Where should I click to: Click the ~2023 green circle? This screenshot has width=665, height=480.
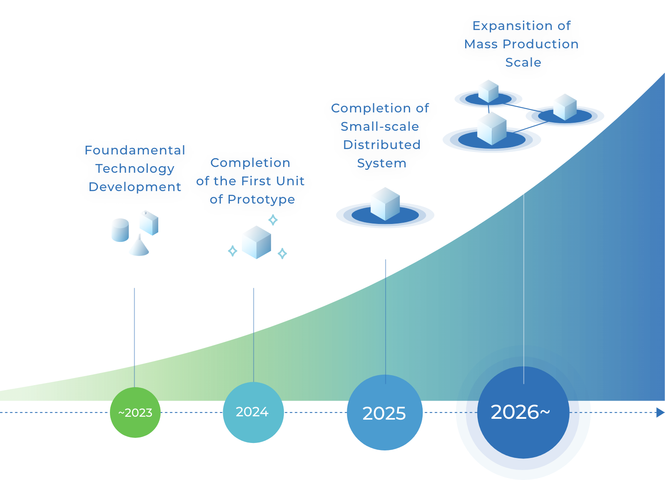[x=135, y=413]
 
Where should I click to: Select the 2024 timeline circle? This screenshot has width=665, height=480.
[x=252, y=412]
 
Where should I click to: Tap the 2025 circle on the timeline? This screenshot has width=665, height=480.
[x=384, y=413]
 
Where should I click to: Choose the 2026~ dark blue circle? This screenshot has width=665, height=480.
[x=523, y=412]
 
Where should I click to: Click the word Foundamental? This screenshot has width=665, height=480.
[x=135, y=150]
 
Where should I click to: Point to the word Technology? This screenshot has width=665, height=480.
[x=135, y=169]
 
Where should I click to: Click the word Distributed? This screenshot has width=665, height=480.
[x=381, y=145]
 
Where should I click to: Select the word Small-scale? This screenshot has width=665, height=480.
[x=380, y=127]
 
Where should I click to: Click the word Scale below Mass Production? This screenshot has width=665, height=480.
[x=523, y=62]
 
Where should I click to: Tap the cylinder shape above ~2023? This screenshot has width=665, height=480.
[x=120, y=230]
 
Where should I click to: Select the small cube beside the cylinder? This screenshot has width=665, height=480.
[x=149, y=223]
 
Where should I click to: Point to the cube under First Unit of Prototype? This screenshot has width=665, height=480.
[x=256, y=242]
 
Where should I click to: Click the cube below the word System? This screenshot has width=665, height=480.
[x=385, y=204]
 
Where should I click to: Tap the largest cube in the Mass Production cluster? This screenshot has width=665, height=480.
[x=492, y=128]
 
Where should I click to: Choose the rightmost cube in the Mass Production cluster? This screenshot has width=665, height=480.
[x=565, y=107]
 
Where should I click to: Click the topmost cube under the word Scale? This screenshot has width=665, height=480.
[x=488, y=91]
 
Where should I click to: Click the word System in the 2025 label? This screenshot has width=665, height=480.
[x=381, y=163]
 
